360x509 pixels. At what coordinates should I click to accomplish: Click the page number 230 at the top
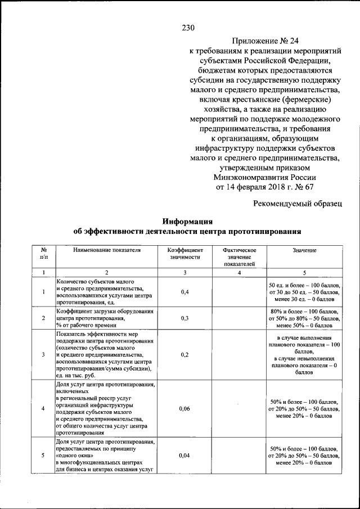tap(188, 27)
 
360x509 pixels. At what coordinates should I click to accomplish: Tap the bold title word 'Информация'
tap(187, 220)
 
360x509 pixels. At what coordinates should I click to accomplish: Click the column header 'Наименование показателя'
tap(106, 250)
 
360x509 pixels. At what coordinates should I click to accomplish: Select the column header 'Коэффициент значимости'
tap(185, 253)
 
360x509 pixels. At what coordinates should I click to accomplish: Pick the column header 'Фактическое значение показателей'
tap(239, 256)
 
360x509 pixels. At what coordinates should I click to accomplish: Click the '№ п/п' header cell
tap(43, 253)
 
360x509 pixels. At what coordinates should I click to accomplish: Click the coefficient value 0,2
tap(185, 355)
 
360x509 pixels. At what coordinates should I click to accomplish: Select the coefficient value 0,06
tap(185, 409)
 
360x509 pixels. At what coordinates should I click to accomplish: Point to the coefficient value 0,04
tap(185, 456)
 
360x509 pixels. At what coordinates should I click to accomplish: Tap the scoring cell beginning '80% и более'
tap(304, 318)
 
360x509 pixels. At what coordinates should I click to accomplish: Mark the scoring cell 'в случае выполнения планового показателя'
tap(304, 355)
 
